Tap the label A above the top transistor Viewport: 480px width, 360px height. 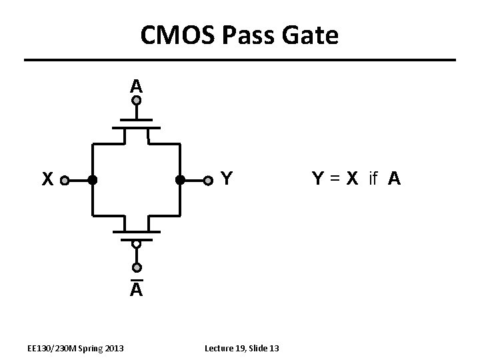tap(136, 85)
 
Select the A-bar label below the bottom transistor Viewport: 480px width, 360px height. tap(136, 289)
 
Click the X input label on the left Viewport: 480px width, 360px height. tap(47, 179)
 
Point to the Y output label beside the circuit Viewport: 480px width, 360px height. tap(226, 179)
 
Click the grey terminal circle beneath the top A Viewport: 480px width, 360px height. tap(136, 101)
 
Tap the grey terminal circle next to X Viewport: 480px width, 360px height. tap(64, 180)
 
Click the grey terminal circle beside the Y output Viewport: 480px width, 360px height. tap(208, 180)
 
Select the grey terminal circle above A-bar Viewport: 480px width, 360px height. tap(136, 268)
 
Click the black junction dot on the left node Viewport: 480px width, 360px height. tap(93, 180)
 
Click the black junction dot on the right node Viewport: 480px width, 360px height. tap(179, 180)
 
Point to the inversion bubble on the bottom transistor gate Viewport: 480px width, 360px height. tap(136, 245)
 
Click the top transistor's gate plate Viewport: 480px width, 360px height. tap(136, 121)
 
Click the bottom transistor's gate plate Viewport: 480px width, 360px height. tap(136, 238)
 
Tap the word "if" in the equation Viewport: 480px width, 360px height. tap(373, 179)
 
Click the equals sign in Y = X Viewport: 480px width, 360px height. tap(333, 179)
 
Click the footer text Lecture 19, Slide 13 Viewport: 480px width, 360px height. tap(242, 348)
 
